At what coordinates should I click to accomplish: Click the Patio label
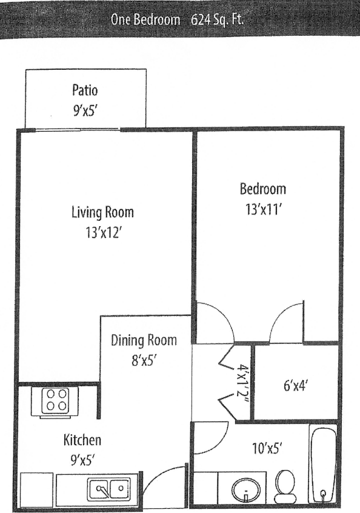pos(85,91)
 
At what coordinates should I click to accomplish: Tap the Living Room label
pos(102,212)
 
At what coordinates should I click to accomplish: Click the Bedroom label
pos(263,189)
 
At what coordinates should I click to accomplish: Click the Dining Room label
pos(144,340)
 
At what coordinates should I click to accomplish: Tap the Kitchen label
pos(82,440)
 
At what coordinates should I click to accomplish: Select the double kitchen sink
pos(110,487)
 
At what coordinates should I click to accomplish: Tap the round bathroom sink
pos(247,488)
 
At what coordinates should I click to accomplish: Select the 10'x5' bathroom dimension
pos(267,449)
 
